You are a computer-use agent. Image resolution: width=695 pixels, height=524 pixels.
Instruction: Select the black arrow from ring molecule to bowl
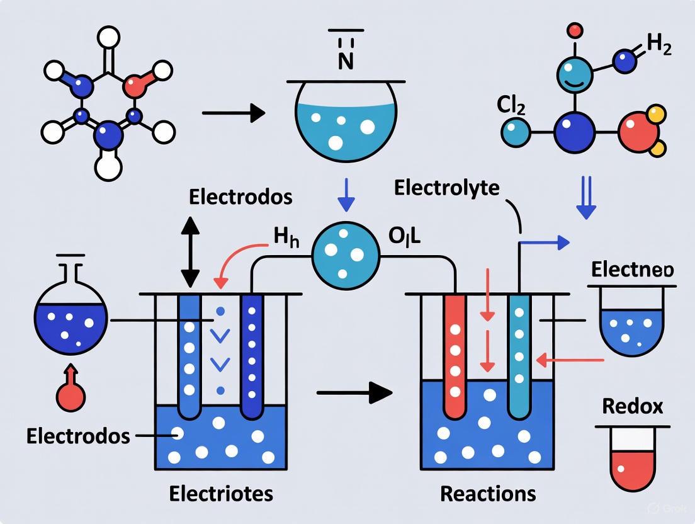pos(233,113)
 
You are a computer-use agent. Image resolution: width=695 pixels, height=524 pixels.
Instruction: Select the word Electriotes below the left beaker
pos(221,493)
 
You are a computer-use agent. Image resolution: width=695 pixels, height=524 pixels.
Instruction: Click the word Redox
pos(632,406)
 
